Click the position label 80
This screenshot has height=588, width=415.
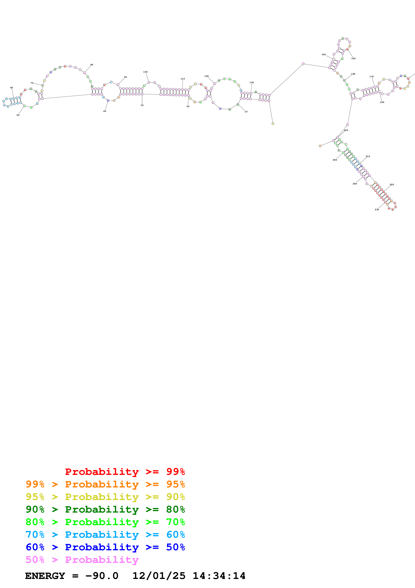[92, 65]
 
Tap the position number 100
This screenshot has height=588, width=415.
[145, 72]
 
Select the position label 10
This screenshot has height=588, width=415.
[246, 112]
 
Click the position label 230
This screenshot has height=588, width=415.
[377, 210]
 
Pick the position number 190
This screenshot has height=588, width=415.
[382, 102]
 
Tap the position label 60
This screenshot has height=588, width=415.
[12, 88]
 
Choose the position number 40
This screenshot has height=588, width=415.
[105, 111]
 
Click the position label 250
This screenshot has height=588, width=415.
[335, 160]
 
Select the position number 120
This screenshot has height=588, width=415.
[206, 76]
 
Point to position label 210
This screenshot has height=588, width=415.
[368, 156]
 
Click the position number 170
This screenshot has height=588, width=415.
[371, 77]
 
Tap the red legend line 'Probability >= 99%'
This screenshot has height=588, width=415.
[125, 472]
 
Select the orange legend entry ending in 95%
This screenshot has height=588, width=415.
[105, 484]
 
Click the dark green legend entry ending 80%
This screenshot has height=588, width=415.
[105, 509]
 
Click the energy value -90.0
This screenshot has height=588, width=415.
[102, 576]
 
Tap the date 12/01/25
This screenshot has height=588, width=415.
[159, 576]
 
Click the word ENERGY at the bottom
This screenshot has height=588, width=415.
[45, 576]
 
